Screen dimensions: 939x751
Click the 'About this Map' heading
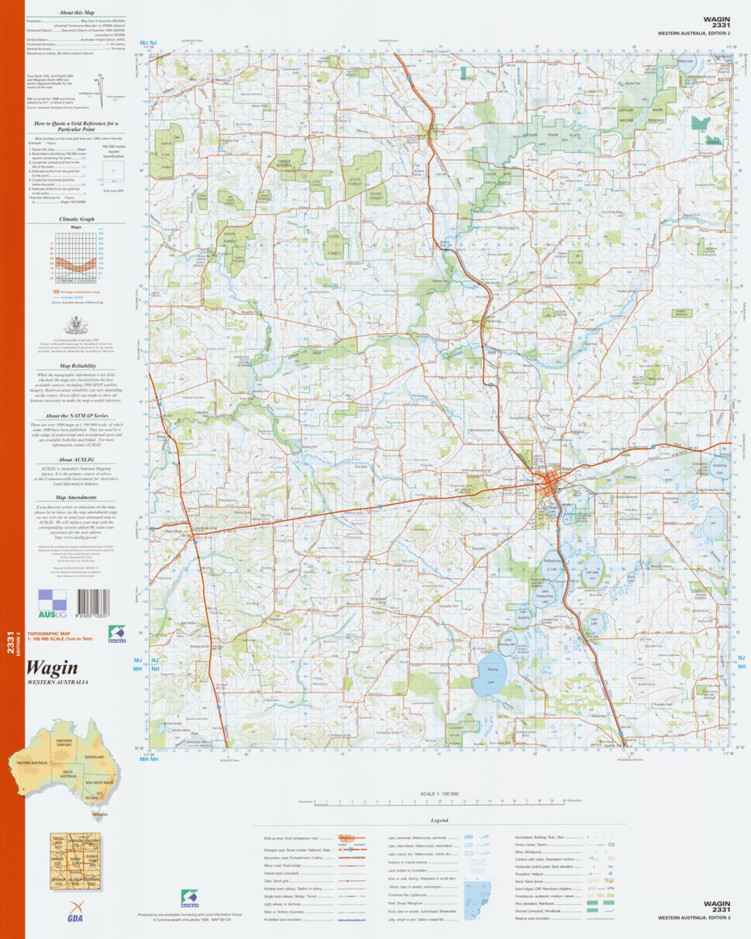point(78,13)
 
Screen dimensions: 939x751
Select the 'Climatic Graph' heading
point(77,219)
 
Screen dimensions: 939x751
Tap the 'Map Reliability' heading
point(77,364)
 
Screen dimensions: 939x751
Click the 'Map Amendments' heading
point(77,498)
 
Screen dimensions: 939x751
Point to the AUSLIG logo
point(53,602)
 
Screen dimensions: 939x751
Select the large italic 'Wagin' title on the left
point(52,668)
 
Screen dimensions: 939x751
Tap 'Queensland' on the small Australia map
point(95,756)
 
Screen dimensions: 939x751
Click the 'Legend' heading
point(439,820)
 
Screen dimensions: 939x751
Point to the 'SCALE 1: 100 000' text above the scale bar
point(439,794)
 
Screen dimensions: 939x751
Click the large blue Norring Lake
point(490,676)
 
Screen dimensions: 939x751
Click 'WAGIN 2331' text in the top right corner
point(716,22)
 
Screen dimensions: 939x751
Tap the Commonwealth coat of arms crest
point(75,323)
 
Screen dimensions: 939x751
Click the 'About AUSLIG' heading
point(77,460)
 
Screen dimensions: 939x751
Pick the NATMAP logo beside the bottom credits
point(189,898)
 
